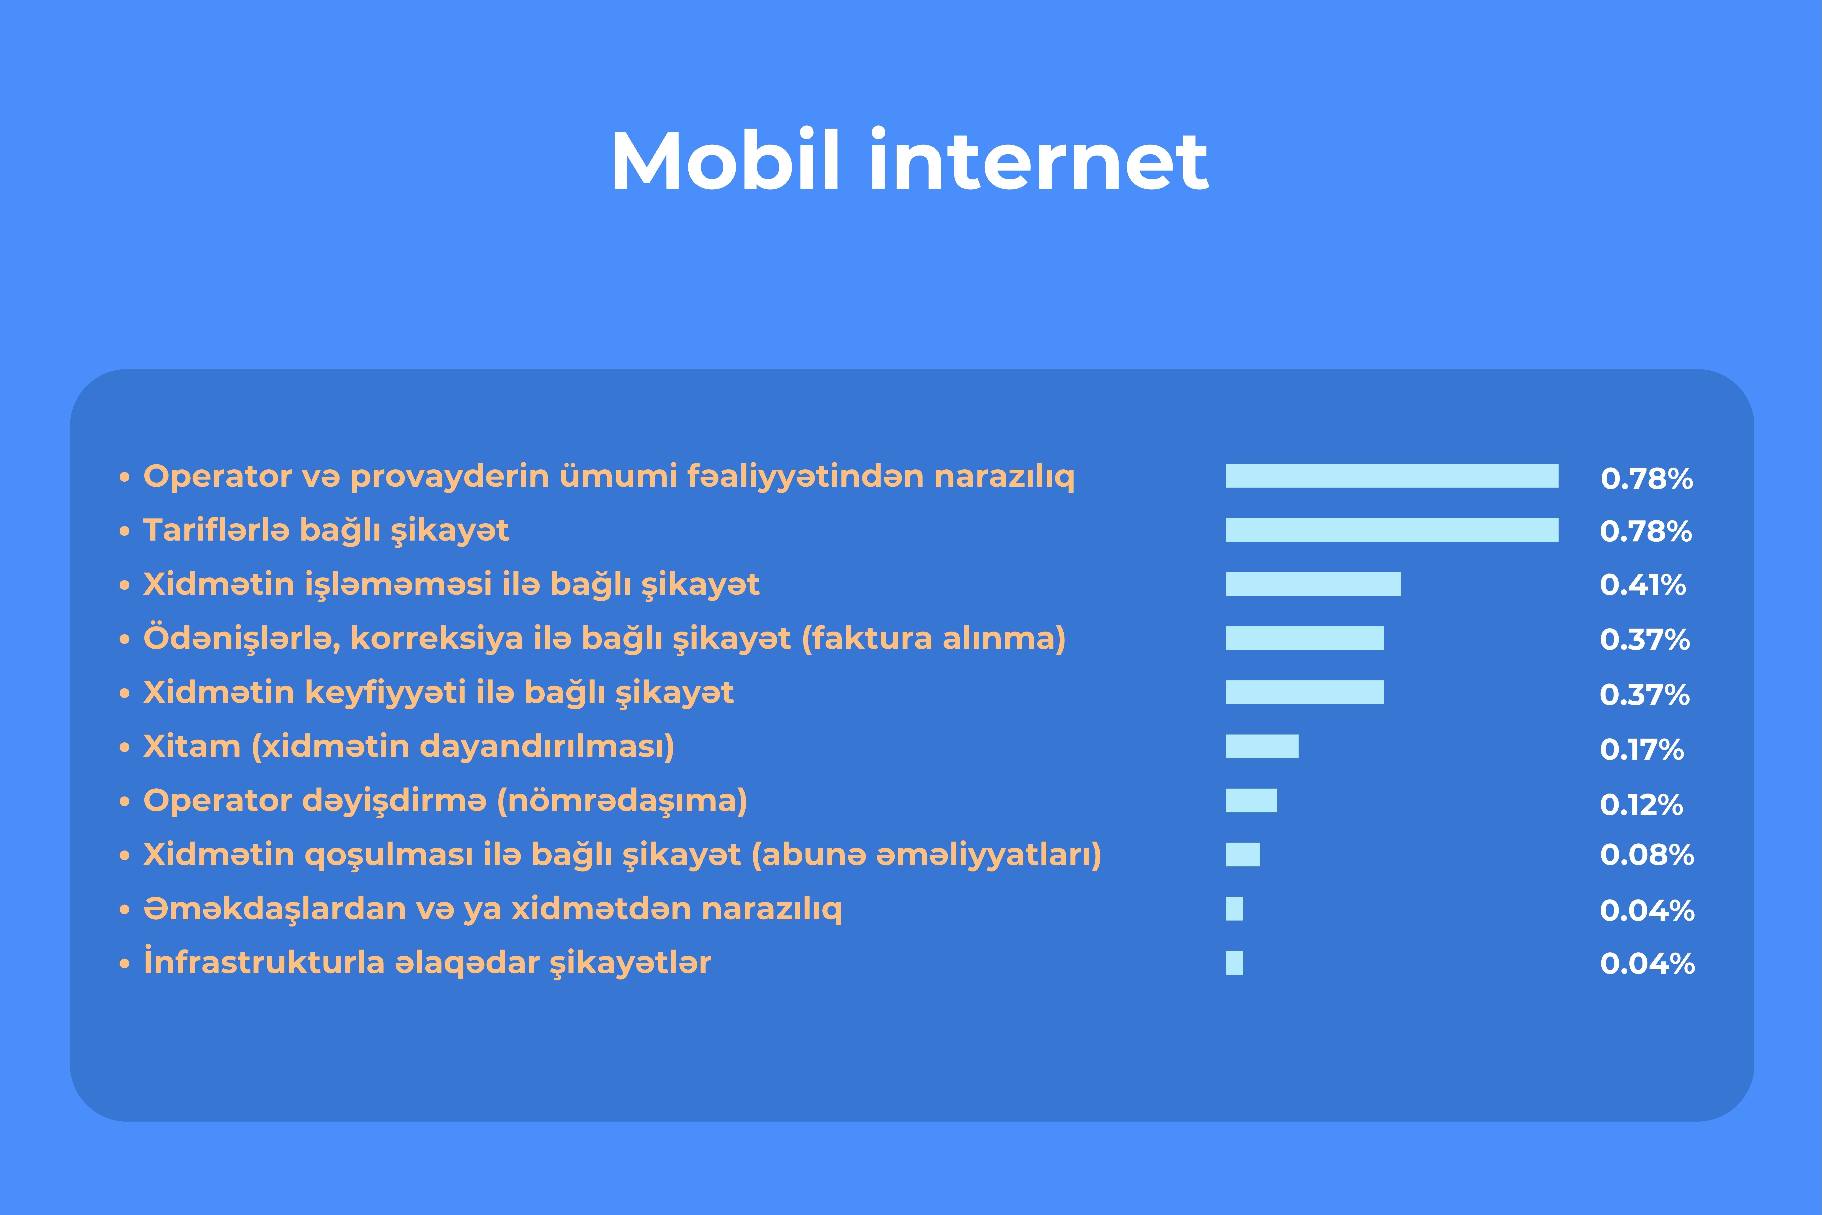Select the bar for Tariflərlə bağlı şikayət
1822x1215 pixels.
[x=1392, y=530]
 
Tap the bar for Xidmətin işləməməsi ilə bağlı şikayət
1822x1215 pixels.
[x=1313, y=584]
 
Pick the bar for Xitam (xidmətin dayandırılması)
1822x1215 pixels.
[x=1262, y=746]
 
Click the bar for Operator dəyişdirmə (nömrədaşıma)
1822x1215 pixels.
[x=1251, y=800]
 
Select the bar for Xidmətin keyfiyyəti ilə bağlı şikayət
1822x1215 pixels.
[x=1305, y=692]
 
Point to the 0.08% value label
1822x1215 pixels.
[x=1647, y=855]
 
